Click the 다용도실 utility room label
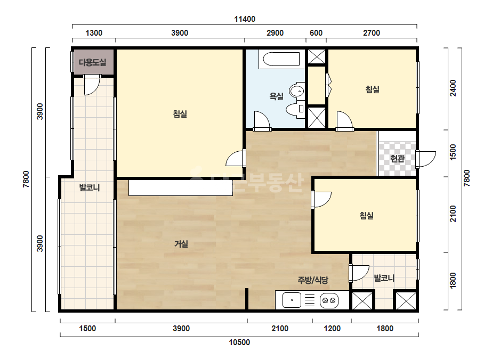pyautogui.click(x=93, y=62)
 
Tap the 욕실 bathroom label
pyautogui.click(x=277, y=96)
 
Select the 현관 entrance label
pyautogui.click(x=397, y=159)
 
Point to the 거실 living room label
pyautogui.click(x=181, y=244)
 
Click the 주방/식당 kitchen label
pyautogui.click(x=313, y=280)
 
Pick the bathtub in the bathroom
pyautogui.click(x=281, y=59)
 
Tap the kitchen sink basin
pyautogui.click(x=292, y=300)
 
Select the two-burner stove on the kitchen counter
pyautogui.click(x=329, y=300)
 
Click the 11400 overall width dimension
pyautogui.click(x=245, y=19)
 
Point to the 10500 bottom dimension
pyautogui.click(x=239, y=342)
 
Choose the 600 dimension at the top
pyautogui.click(x=316, y=33)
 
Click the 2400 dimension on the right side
pyautogui.click(x=453, y=88)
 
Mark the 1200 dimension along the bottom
pyautogui.click(x=332, y=329)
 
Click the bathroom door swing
pyautogui.click(x=262, y=121)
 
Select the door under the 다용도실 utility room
pyautogui.click(x=92, y=84)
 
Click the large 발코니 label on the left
pyautogui.click(x=90, y=187)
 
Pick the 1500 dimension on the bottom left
pyautogui.click(x=87, y=329)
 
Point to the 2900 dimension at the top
pyautogui.click(x=275, y=33)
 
